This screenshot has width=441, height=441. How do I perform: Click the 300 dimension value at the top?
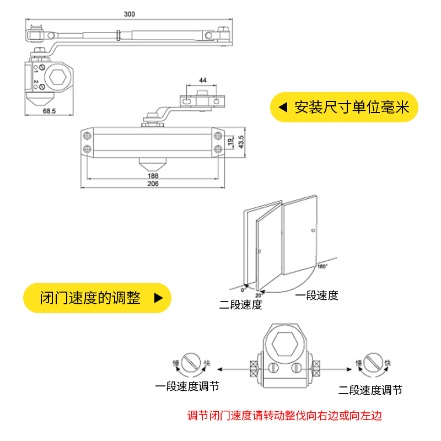pyautogui.click(x=129, y=13)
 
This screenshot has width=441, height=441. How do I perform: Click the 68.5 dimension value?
pyautogui.click(x=49, y=111)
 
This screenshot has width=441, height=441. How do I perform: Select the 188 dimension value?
pyautogui.click(x=153, y=176)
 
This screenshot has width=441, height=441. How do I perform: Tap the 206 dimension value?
pyautogui.click(x=153, y=184)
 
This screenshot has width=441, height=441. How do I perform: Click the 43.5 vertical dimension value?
pyautogui.click(x=240, y=141)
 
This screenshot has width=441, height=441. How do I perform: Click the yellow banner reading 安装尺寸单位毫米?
pyautogui.click(x=344, y=107)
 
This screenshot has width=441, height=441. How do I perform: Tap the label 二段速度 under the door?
pyautogui.click(x=240, y=305)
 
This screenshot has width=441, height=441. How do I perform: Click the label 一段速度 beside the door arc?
pyautogui.click(x=316, y=295)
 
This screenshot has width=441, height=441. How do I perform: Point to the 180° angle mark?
pyautogui.click(x=322, y=266)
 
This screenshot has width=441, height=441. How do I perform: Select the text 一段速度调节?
pyautogui.click(x=187, y=386)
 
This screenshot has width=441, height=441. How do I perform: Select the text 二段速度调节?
pyautogui.click(x=370, y=390)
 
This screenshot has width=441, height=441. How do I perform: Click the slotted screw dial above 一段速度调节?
pyautogui.click(x=191, y=363)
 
